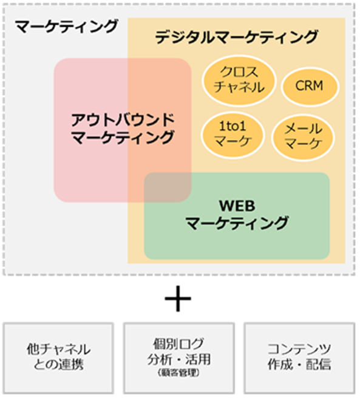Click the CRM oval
point(310,87)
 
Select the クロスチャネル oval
point(239,81)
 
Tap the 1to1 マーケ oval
point(233,135)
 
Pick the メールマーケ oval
point(303,138)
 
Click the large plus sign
point(178,299)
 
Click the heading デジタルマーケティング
point(237,37)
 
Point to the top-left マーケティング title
point(66,26)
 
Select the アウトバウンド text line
point(123,120)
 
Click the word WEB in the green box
point(237,206)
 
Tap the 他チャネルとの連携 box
point(59,358)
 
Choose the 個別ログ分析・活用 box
point(179,358)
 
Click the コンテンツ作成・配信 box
point(299,358)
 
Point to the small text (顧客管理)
point(178,373)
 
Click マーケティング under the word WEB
point(237,223)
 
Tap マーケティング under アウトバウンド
point(123,138)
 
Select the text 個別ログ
point(178,344)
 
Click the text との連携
point(59,364)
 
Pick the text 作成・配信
point(299,364)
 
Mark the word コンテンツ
point(299,349)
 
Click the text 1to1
point(233,126)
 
